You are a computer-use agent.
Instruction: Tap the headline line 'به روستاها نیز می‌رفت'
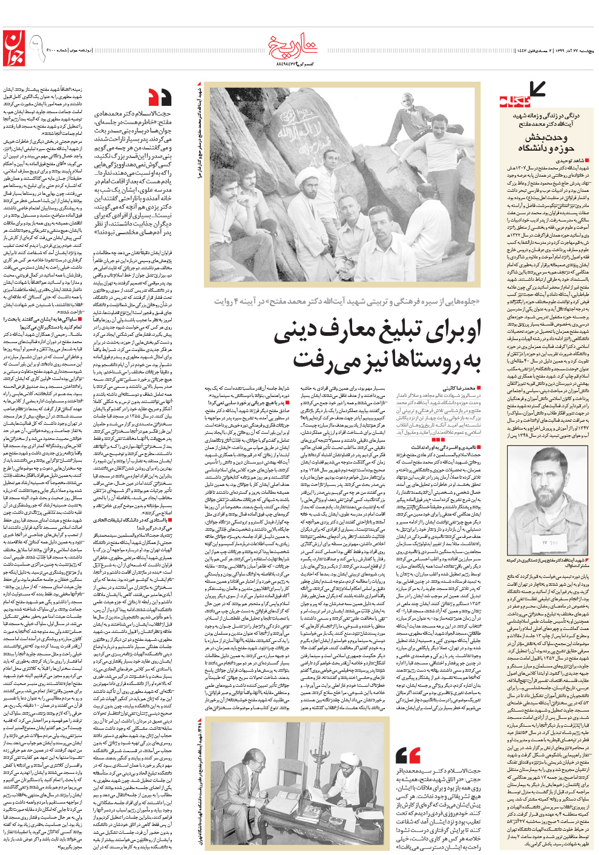tap(387, 359)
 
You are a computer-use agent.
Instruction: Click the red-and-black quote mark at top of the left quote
tap(160, 96)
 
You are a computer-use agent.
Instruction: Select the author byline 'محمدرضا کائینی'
tap(462, 388)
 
